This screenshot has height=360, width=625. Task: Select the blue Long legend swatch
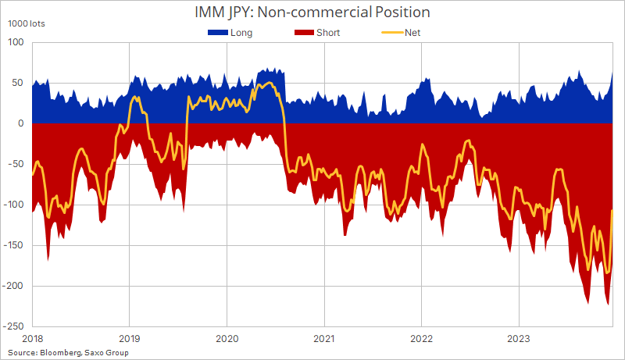(219, 33)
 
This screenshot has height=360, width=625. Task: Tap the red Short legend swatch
(305, 33)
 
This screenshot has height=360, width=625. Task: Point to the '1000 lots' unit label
(27, 23)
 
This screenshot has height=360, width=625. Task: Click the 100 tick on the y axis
(16, 42)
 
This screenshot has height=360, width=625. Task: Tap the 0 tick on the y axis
(21, 123)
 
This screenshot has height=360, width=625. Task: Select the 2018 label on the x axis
(32, 340)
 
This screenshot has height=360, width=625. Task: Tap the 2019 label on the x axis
(129, 340)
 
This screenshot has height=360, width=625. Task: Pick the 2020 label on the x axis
(227, 340)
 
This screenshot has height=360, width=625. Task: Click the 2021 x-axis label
(324, 340)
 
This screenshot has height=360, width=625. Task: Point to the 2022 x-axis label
(421, 340)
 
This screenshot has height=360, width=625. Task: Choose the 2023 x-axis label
(519, 340)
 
